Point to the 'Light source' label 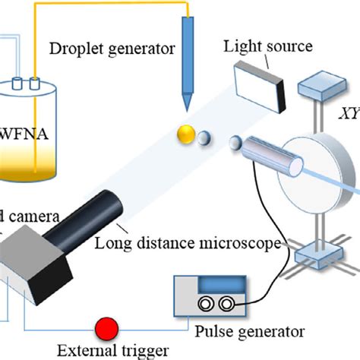tap(267, 46)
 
